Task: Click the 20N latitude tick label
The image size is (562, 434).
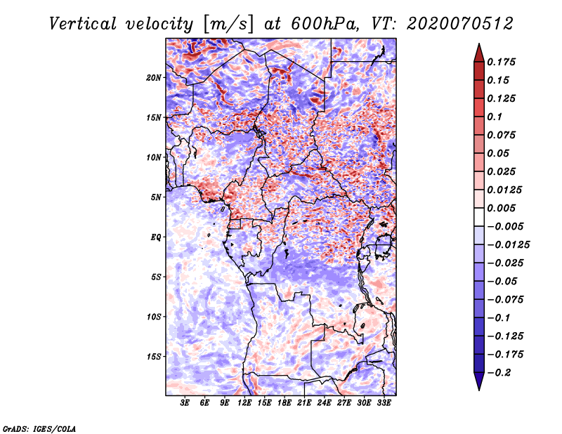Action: click(x=153, y=77)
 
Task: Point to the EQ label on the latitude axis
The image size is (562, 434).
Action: click(x=155, y=237)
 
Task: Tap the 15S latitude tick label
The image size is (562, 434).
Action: click(x=154, y=357)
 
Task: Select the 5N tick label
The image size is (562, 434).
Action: click(x=155, y=197)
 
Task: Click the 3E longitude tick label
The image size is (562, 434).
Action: click(x=185, y=403)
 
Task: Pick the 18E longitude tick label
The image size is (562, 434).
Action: click(x=285, y=403)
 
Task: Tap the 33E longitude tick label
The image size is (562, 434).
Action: click(x=384, y=403)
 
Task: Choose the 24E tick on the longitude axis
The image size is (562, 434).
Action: click(x=324, y=403)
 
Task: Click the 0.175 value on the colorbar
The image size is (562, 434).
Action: click(x=501, y=62)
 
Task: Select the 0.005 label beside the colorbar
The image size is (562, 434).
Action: click(x=501, y=208)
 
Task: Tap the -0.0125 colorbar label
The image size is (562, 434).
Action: click(x=508, y=245)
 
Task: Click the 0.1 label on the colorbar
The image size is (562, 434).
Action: click(x=495, y=117)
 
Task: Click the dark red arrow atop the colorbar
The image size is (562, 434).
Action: click(x=479, y=53)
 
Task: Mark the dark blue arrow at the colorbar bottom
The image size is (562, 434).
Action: click(x=479, y=381)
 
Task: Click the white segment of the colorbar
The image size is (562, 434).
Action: click(x=479, y=217)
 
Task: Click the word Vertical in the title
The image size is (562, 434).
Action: click(x=83, y=24)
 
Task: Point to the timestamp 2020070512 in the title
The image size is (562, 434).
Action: click(x=460, y=24)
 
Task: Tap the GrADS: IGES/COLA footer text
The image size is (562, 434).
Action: click(x=39, y=429)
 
